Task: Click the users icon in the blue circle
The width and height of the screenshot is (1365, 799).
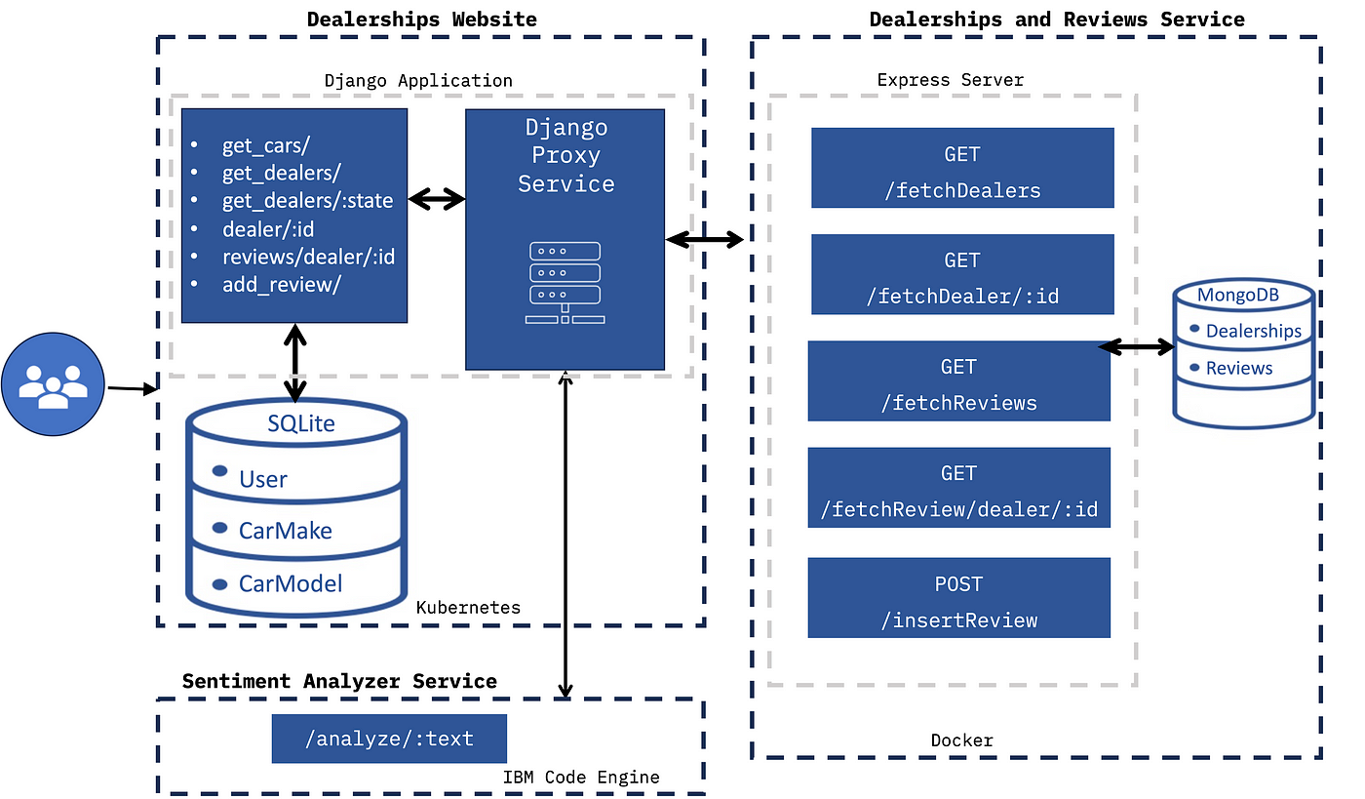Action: click(x=53, y=384)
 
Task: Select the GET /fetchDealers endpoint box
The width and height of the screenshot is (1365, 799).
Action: click(x=962, y=168)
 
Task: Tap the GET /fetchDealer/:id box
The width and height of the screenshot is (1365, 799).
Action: click(x=962, y=274)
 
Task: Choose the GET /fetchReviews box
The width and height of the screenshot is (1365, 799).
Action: click(x=958, y=381)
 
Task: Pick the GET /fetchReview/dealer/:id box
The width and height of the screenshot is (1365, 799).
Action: click(x=958, y=488)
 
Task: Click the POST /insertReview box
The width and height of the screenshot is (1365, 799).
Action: click(x=958, y=598)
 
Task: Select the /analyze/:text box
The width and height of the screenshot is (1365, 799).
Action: click(x=389, y=739)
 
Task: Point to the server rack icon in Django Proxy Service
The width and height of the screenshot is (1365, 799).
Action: click(x=565, y=283)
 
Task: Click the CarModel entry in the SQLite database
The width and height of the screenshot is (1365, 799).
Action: click(x=291, y=583)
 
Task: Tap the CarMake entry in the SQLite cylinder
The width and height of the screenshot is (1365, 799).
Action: click(x=285, y=531)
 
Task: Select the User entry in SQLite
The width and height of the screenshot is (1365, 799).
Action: click(x=262, y=479)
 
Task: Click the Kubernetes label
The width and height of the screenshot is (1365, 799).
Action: click(x=468, y=608)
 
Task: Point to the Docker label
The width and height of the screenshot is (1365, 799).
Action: click(x=961, y=740)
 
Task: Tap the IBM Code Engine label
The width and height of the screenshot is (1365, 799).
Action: click(x=581, y=777)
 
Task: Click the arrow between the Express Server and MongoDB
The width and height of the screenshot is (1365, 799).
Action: click(x=1137, y=347)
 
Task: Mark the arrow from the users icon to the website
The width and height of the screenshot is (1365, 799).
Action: click(x=133, y=388)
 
